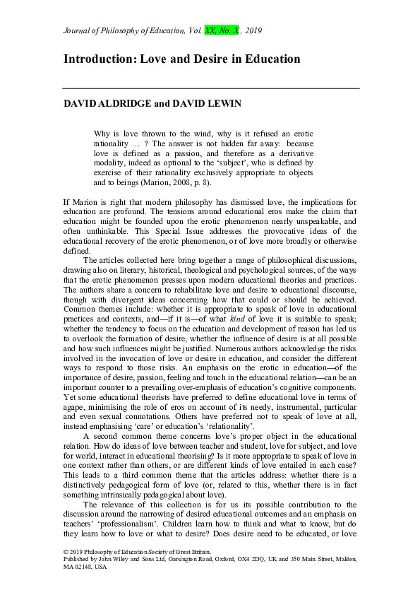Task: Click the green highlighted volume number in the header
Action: point(210,31)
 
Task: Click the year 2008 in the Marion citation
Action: point(162,182)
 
